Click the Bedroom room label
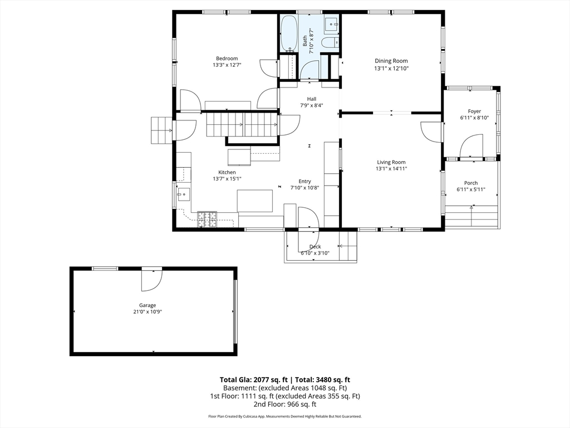[227, 59]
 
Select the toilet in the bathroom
[328, 43]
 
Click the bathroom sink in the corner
[331, 23]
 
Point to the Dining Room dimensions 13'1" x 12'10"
[391, 69]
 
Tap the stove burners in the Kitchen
[207, 218]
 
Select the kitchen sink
[183, 194]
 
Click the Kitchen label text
[227, 172]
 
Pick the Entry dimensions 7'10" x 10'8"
[304, 188]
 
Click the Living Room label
[391, 162]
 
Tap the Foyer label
[474, 111]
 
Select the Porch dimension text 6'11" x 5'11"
[471, 189]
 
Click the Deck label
[315, 246]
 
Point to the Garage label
[148, 305]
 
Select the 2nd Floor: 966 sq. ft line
[284, 404]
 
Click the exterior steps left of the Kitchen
[161, 130]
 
